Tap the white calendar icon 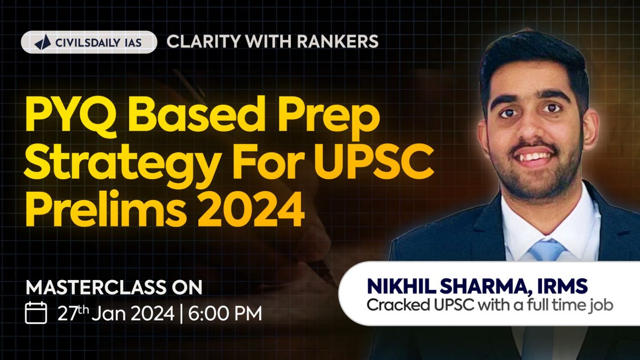(36, 313)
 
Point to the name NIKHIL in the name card (400, 287)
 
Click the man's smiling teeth (534, 157)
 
